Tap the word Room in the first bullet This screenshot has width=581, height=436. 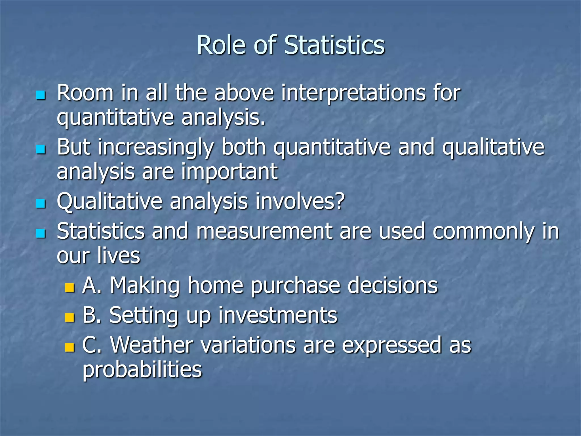click(x=85, y=93)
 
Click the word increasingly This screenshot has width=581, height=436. click(x=156, y=148)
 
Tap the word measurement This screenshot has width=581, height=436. click(x=264, y=231)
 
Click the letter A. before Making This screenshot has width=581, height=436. click(x=92, y=285)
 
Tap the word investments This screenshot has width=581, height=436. click(x=278, y=315)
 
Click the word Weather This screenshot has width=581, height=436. click(x=152, y=345)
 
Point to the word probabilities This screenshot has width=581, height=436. click(x=142, y=370)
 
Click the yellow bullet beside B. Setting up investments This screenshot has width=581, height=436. click(x=69, y=317)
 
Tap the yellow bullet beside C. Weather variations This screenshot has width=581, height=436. click(x=69, y=347)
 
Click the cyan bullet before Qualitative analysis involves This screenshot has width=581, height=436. click(x=41, y=203)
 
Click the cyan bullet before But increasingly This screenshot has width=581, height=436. click(x=41, y=149)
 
